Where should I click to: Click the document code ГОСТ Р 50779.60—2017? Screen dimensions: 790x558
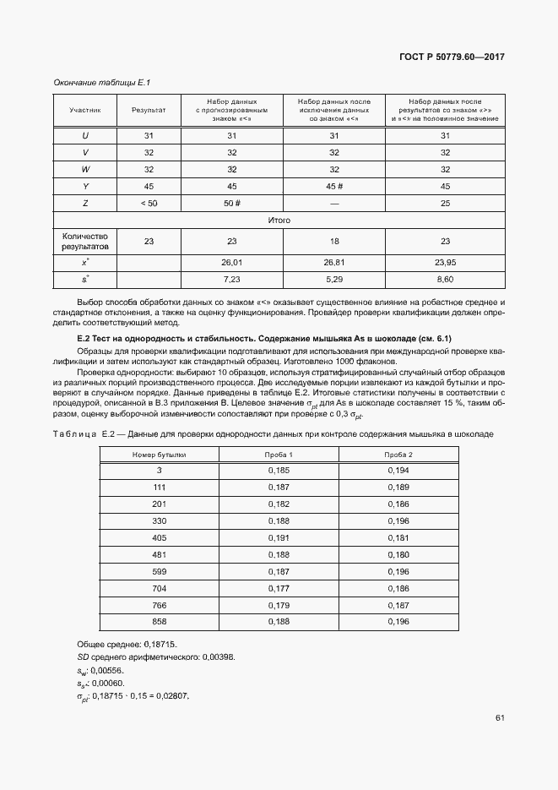[x=452, y=57]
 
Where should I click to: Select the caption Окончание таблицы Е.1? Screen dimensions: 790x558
[x=101, y=82]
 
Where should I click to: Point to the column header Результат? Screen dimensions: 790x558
[x=149, y=110]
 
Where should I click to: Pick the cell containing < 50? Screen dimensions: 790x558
[x=149, y=203]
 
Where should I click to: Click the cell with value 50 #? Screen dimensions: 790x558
[x=232, y=203]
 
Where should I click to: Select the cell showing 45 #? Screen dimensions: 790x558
[x=333, y=186]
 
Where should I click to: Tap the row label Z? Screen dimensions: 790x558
[x=85, y=203]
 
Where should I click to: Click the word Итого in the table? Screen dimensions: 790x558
[x=279, y=220]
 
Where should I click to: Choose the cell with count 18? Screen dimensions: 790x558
[x=333, y=241]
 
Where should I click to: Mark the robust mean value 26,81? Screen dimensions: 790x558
[x=333, y=262]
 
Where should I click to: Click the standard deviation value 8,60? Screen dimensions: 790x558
[x=445, y=278]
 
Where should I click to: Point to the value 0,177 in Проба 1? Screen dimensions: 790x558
[x=279, y=587]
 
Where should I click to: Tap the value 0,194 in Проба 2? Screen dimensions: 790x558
[x=398, y=469]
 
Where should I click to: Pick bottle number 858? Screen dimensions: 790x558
[x=159, y=621]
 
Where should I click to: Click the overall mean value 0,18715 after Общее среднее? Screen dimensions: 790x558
[x=160, y=644]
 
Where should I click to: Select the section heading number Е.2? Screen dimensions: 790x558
[x=84, y=339]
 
